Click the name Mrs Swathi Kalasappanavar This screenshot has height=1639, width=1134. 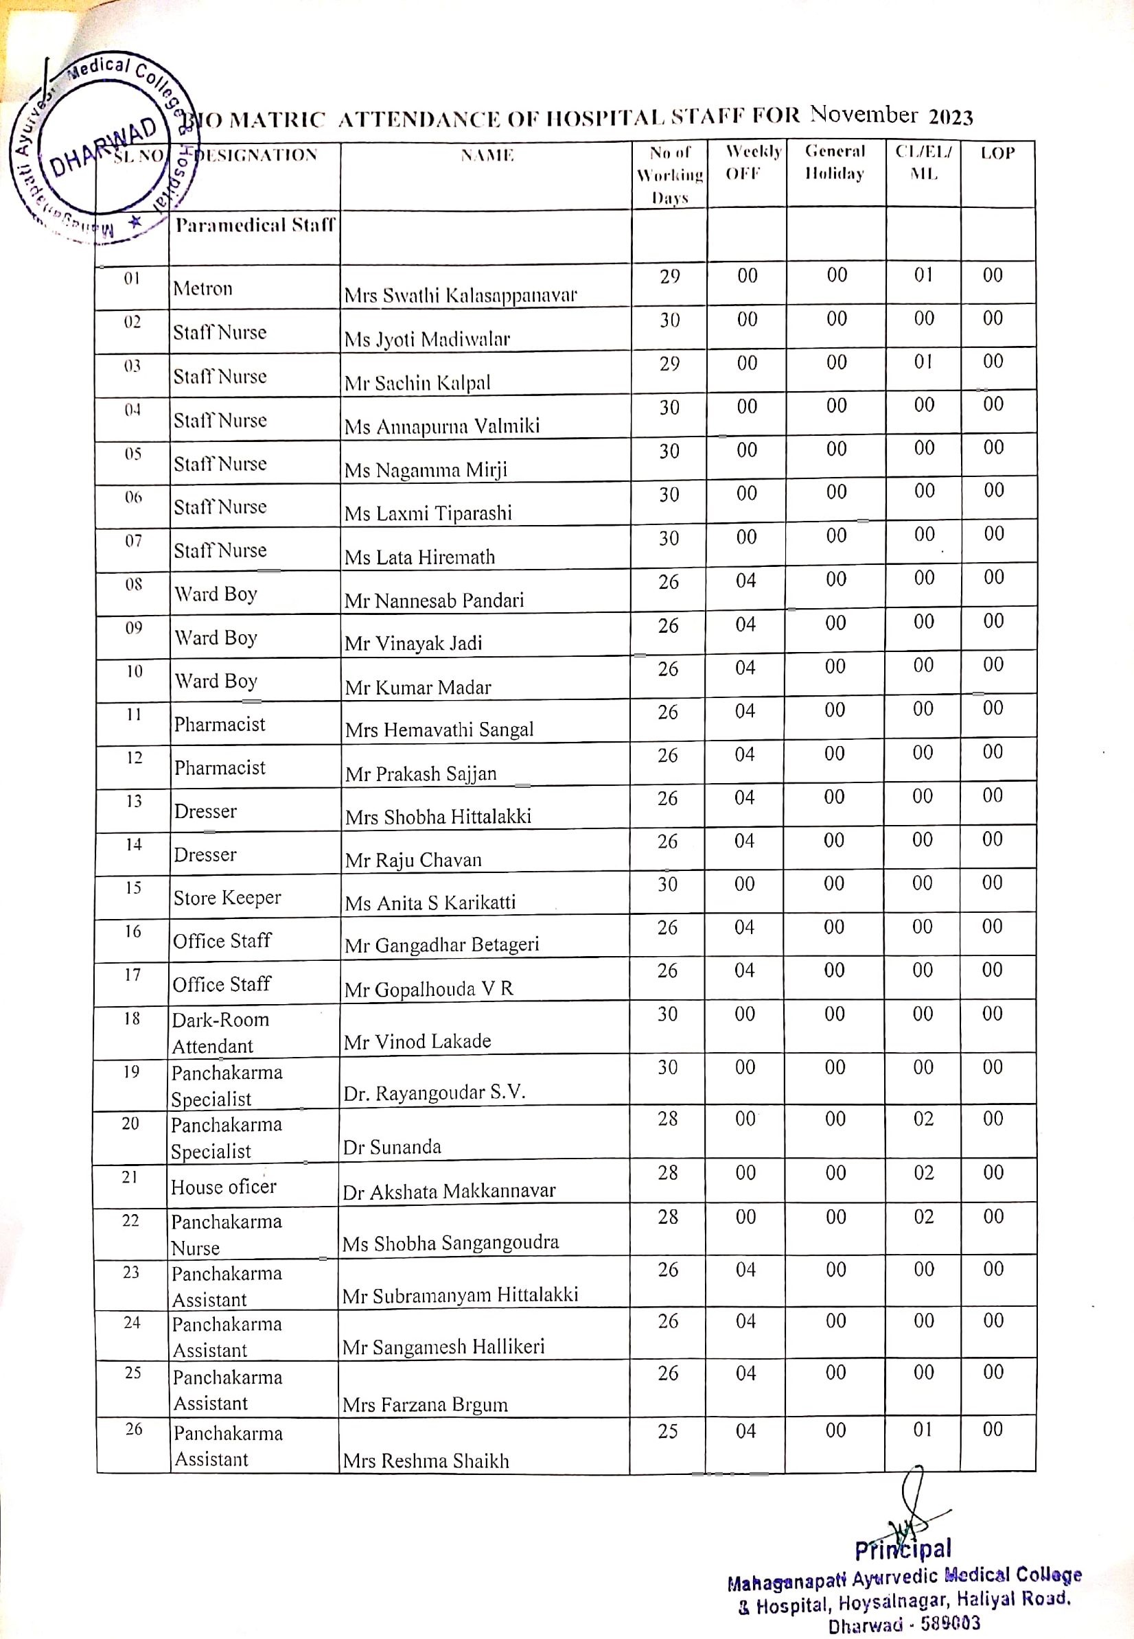(x=461, y=295)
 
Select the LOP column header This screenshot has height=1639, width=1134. (x=997, y=154)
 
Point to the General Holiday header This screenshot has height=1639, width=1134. (x=835, y=163)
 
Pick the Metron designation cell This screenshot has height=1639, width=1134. (x=202, y=288)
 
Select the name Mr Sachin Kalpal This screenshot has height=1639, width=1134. (x=417, y=383)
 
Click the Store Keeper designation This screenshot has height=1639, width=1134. (x=227, y=897)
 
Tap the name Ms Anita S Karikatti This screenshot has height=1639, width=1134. (x=430, y=903)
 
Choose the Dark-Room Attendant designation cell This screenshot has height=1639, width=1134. (x=220, y=1032)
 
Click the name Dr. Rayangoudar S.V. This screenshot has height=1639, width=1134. (x=434, y=1093)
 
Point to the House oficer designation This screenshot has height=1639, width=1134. (x=223, y=1187)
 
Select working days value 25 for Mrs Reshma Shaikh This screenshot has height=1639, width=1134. (x=667, y=1431)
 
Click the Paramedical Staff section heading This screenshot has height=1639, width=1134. (x=255, y=225)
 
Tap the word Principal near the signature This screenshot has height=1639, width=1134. (x=903, y=1550)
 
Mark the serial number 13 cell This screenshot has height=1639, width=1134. (x=134, y=801)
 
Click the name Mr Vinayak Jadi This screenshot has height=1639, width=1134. (x=413, y=644)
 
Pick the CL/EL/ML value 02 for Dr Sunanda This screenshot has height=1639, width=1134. (x=923, y=1119)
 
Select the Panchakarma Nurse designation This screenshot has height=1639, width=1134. (x=226, y=1235)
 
